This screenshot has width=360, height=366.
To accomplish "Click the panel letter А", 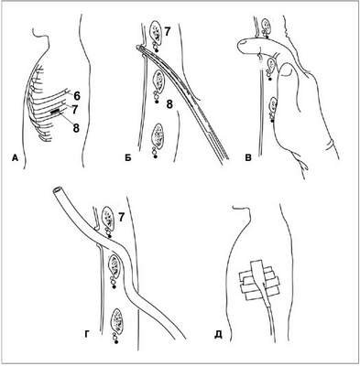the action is tap(16, 158).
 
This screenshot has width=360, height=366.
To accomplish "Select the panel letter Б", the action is tap(128, 158).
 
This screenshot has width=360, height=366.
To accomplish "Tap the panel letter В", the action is tap(249, 158).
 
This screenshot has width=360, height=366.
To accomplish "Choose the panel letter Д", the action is tap(218, 335).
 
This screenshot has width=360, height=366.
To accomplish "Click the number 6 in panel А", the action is tap(76, 96).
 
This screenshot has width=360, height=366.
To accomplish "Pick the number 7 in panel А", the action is tap(75, 109).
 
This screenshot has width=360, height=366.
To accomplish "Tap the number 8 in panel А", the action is tap(76, 128).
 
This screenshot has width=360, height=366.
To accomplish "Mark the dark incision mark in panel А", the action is tap(55, 113).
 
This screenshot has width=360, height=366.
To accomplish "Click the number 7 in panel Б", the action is tap(168, 32).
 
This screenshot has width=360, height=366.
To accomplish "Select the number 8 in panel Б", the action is tap(169, 104).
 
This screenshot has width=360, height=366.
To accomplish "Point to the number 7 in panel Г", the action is tap(121, 218).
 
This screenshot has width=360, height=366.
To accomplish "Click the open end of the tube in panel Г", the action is tap(57, 190).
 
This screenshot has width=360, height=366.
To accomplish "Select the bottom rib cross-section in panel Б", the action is tap(158, 135).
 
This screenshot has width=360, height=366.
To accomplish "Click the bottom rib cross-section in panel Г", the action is tap(118, 320).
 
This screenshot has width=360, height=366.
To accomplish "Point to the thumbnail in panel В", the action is tap(287, 71).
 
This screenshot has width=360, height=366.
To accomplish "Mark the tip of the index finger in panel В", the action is tap(241, 47).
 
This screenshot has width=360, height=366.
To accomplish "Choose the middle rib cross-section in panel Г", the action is tap(115, 265).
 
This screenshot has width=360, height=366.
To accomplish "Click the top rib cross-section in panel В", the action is tap(267, 27).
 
